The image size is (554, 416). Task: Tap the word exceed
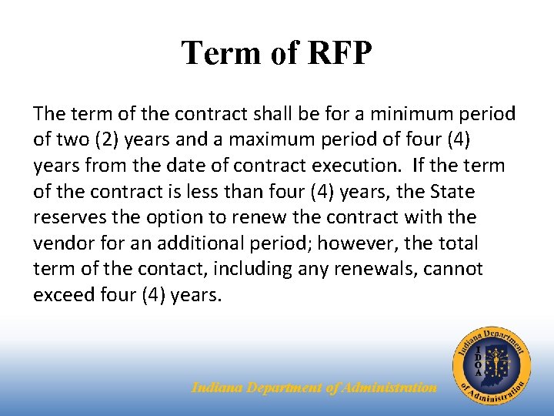62,296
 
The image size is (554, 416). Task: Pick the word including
245,270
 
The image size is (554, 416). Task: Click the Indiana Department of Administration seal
492,365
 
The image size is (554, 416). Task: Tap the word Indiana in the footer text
217,387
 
